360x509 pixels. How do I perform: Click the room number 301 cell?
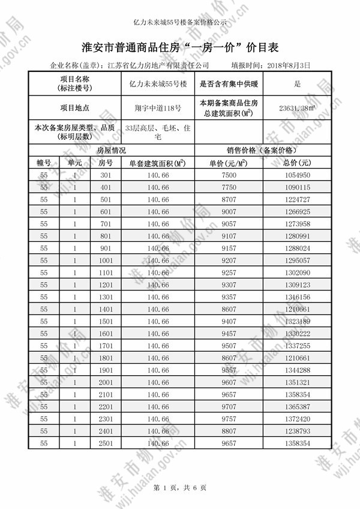106,175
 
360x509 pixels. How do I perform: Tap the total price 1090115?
297,188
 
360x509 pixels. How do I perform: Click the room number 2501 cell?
106,444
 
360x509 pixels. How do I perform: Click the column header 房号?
106,162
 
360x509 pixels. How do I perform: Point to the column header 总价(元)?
297,162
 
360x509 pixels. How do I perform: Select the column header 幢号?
44,162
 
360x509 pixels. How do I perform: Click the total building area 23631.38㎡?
297,109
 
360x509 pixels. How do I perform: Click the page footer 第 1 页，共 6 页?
180,487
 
